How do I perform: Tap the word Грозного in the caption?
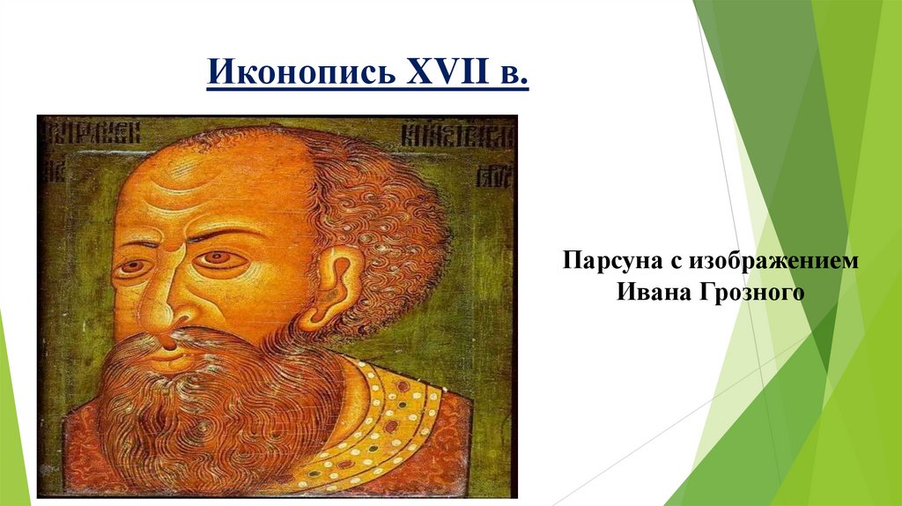tap(752, 292)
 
